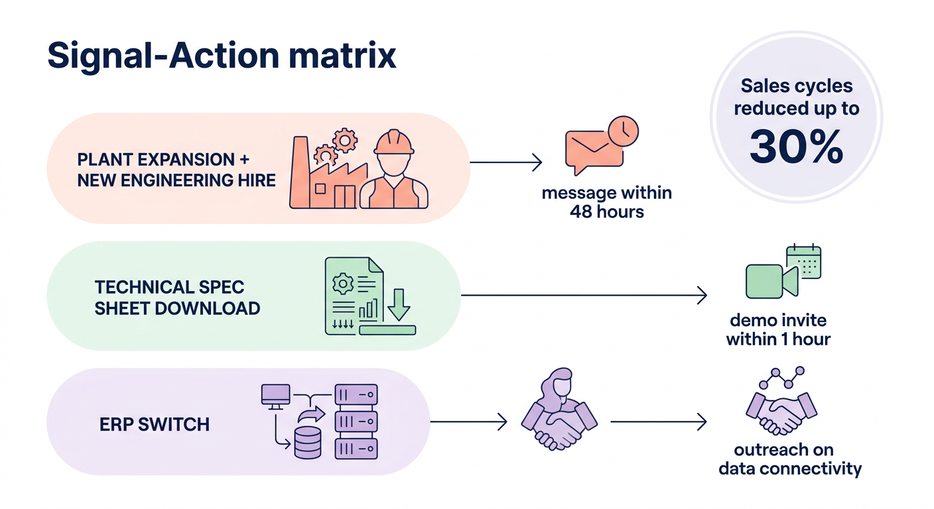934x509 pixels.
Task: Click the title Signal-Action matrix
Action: point(222,56)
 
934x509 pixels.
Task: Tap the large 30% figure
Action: point(796,147)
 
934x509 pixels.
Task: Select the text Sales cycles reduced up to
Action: point(796,97)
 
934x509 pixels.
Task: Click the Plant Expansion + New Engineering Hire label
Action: point(176,170)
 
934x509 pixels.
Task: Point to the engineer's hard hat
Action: point(394,142)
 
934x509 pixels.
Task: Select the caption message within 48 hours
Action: point(606,203)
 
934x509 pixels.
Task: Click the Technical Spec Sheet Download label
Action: point(177,298)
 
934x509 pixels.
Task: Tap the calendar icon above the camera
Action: point(803,261)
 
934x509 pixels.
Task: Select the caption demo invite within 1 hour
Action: point(778,330)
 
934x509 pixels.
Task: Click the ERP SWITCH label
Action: point(155,424)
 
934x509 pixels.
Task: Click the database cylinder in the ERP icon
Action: point(306,443)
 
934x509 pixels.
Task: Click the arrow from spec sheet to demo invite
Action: point(584,296)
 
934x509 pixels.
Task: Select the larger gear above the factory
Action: point(345,139)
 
